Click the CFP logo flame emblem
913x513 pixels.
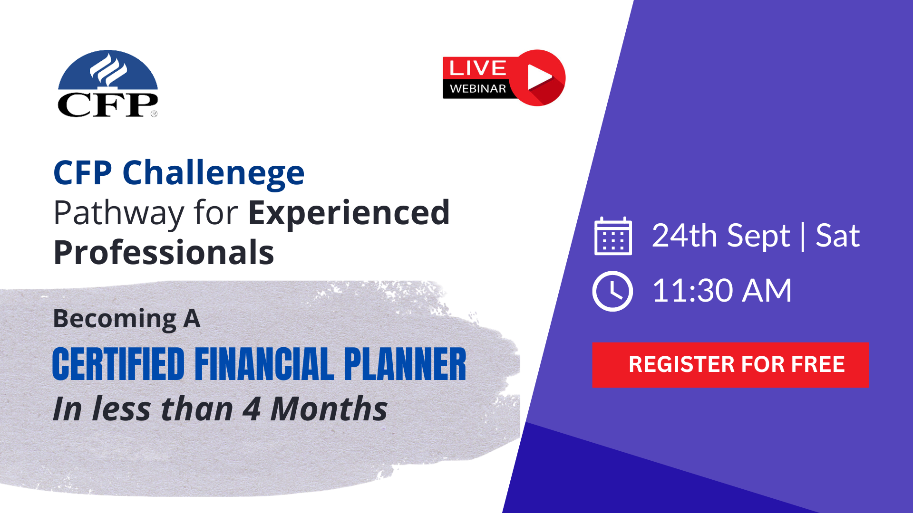[108, 70]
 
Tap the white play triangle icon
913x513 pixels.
[539, 77]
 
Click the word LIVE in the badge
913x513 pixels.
[477, 68]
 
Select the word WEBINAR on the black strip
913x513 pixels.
[477, 89]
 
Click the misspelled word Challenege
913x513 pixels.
[213, 173]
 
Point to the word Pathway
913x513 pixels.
[118, 213]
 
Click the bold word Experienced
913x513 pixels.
[349, 213]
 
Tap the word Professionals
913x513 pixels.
[164, 253]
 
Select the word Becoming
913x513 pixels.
[115, 319]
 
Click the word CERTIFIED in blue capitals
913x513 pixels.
[118, 364]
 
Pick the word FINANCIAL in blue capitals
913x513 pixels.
[264, 364]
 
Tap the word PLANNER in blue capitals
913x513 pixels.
[405, 364]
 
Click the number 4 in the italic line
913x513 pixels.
[251, 409]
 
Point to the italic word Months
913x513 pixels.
[329, 409]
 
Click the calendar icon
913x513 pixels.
[613, 236]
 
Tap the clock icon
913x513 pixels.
[612, 291]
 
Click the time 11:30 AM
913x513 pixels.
[721, 291]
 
